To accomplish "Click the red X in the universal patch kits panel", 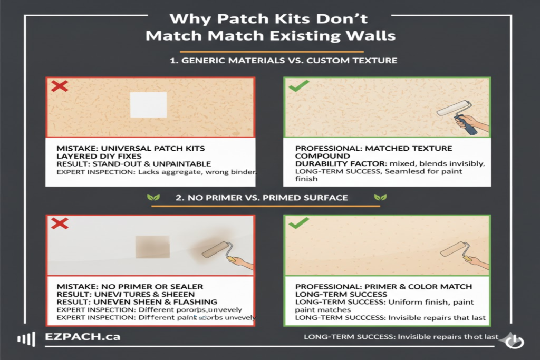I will (x=59, y=86).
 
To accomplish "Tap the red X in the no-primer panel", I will (x=60, y=223).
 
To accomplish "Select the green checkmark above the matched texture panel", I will (x=298, y=86).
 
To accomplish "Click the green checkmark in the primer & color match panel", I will (x=298, y=223).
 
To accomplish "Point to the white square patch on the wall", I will (x=148, y=104).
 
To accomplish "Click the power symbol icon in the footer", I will (x=513, y=342).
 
